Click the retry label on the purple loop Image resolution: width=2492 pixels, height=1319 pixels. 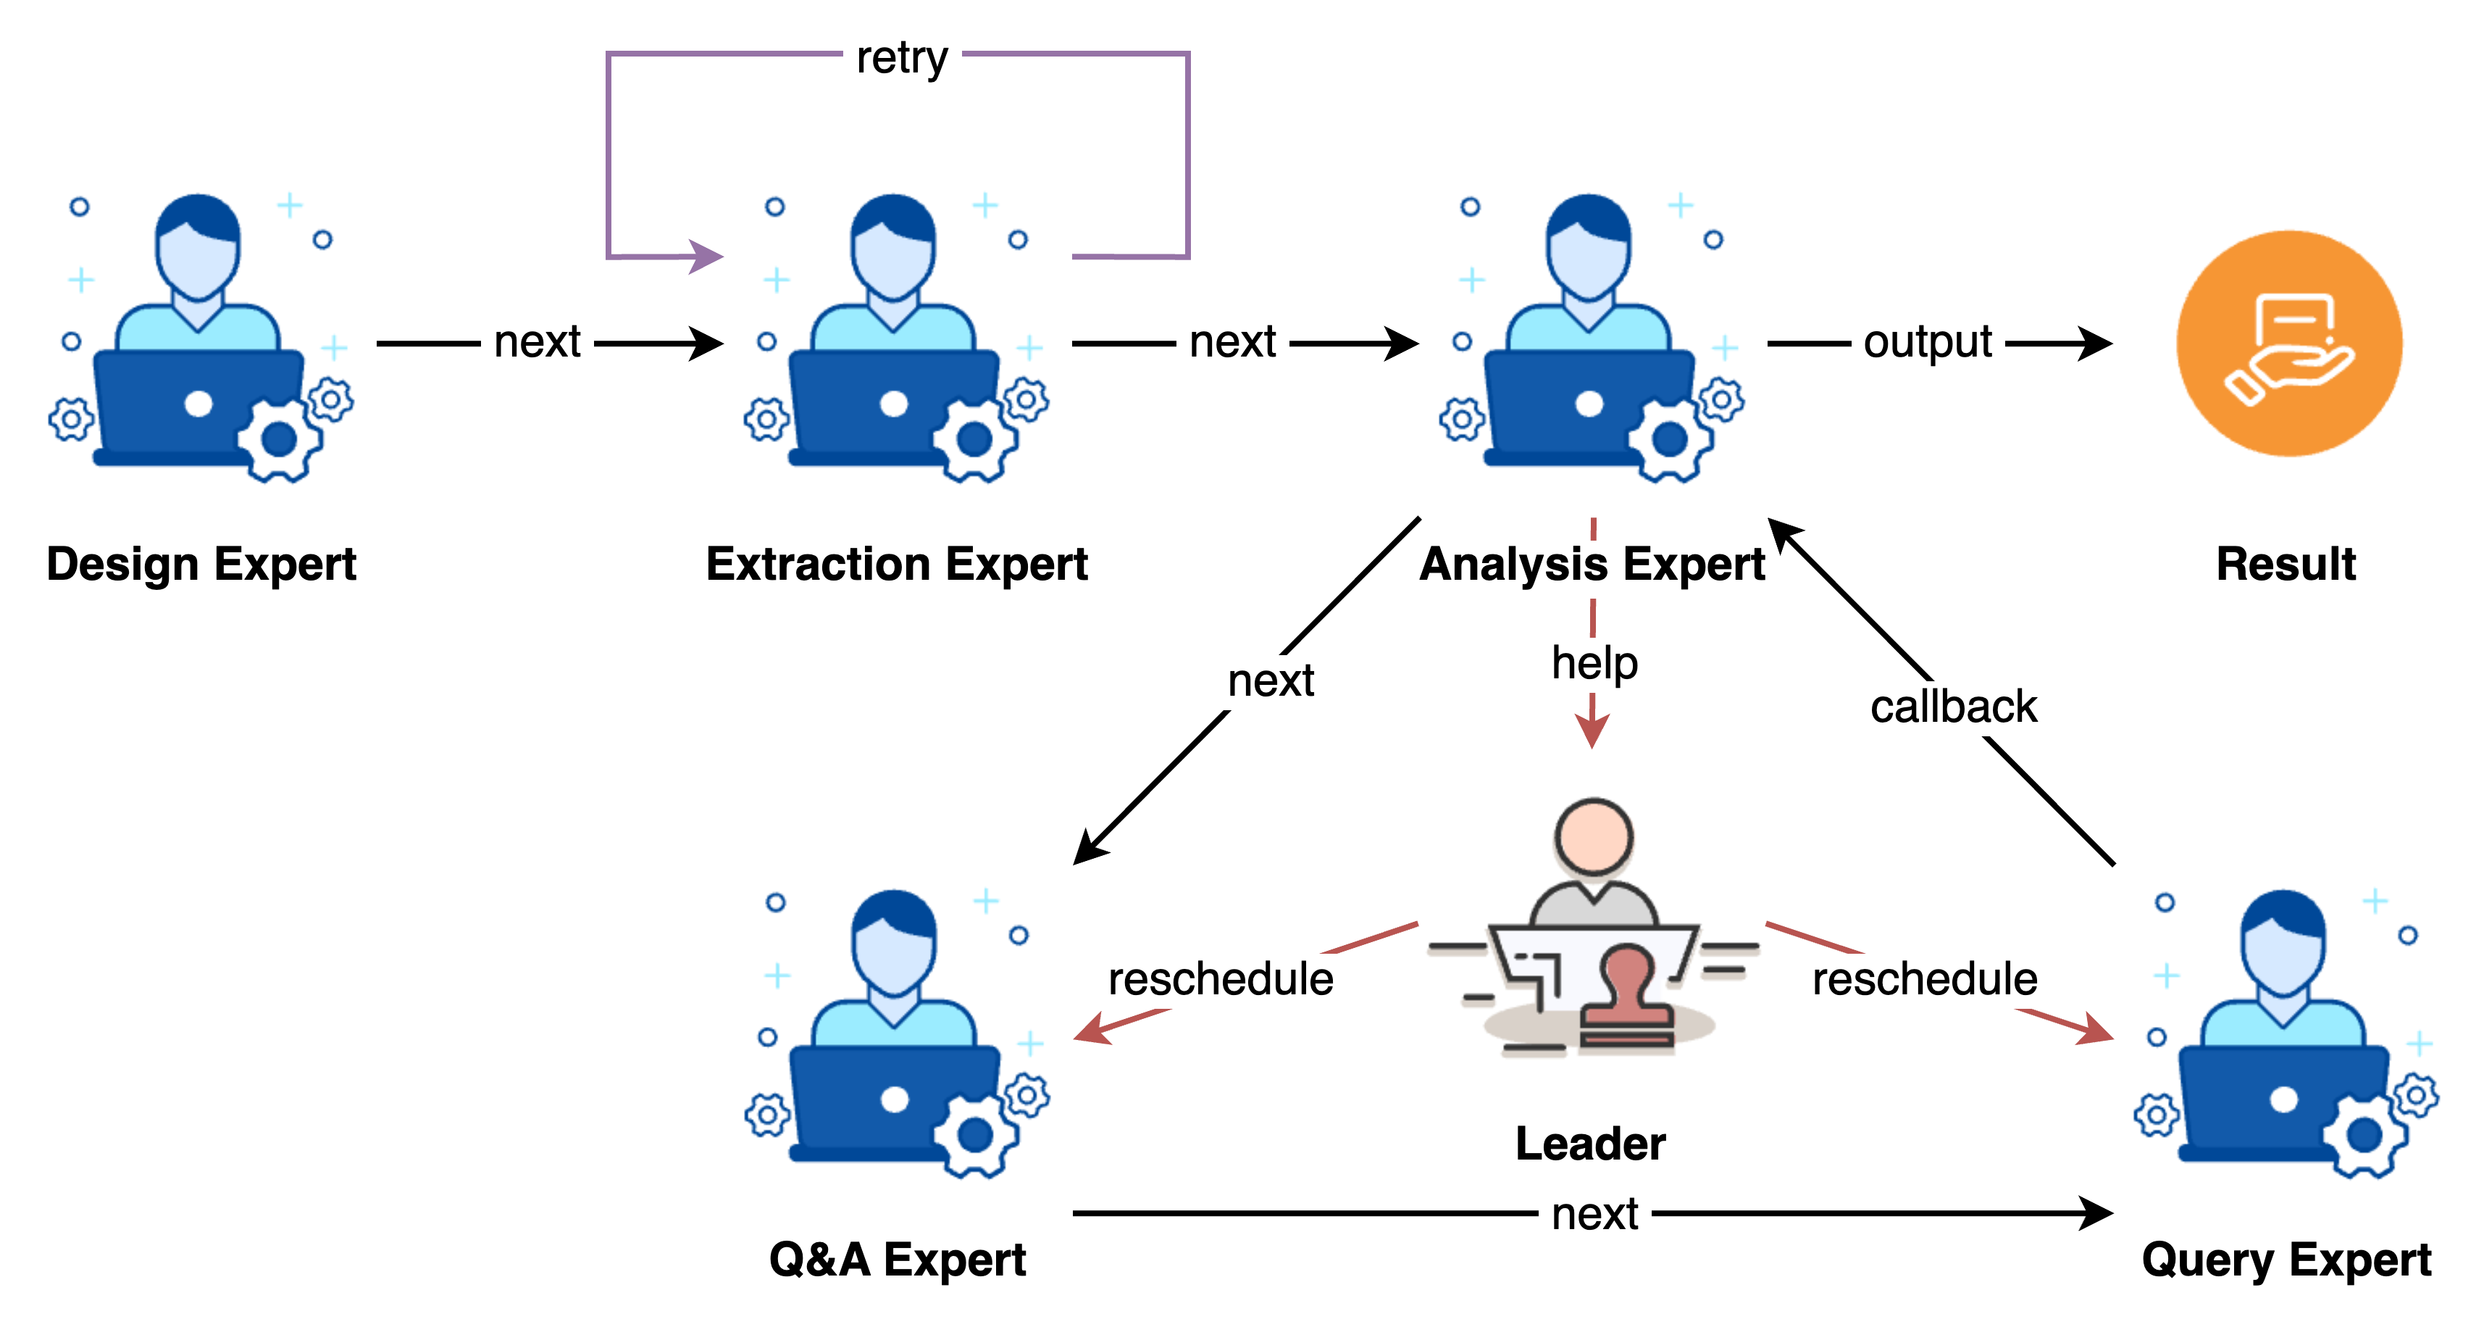coord(902,59)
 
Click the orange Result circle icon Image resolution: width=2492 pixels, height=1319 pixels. coord(2289,344)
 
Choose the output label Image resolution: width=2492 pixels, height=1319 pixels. coord(1927,343)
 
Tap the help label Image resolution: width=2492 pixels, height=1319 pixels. coord(1594,665)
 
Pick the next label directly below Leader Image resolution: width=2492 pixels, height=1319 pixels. coord(1594,1215)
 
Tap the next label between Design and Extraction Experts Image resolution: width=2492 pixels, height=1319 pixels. coord(537,343)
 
